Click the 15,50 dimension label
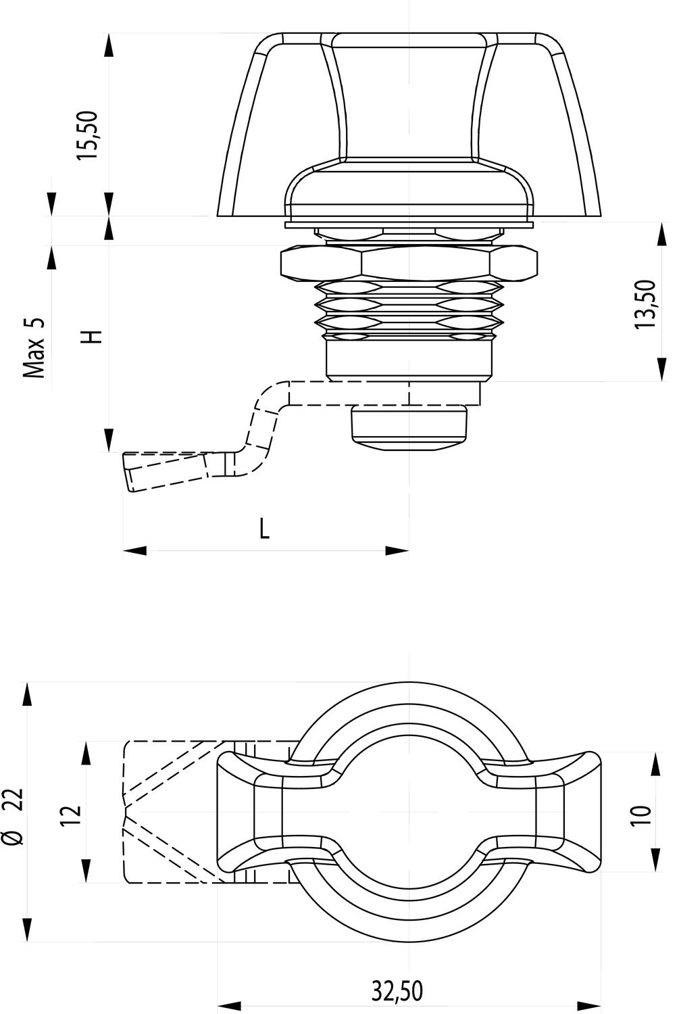pos(89,135)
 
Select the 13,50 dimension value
pos(645,304)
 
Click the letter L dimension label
pos(265,528)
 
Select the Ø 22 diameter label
pos(14,816)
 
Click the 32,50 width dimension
pos(397,992)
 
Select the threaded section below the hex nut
pos(409,311)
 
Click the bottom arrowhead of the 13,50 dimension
pos(660,370)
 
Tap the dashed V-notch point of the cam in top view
pos(125,812)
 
